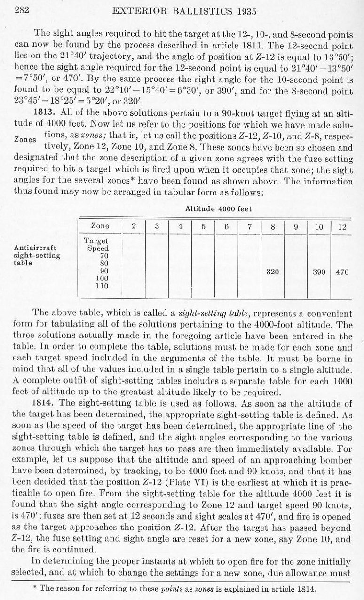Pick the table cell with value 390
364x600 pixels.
pos(319,272)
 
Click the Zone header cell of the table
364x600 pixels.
pos(100,226)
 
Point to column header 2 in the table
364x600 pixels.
pos(134,226)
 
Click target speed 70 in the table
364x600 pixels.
pos(102,256)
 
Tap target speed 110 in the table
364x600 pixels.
pos(102,286)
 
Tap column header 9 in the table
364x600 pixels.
pos(296,226)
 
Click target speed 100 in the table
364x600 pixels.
pos(102,279)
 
